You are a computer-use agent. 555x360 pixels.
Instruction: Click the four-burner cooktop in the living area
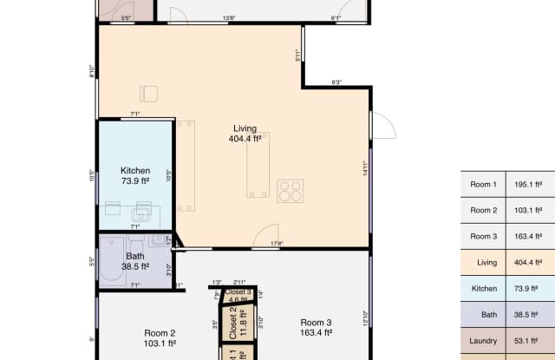(x=290, y=191)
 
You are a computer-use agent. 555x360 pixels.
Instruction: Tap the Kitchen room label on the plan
(x=134, y=171)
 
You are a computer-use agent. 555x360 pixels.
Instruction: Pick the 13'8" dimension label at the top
(x=230, y=18)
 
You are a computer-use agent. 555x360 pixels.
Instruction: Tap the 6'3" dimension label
(x=336, y=82)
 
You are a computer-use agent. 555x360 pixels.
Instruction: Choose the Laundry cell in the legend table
(x=483, y=341)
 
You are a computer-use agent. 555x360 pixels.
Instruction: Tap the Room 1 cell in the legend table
(x=483, y=185)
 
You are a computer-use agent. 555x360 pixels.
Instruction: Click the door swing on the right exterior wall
(x=383, y=127)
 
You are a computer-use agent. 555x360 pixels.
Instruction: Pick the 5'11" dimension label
(x=297, y=56)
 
